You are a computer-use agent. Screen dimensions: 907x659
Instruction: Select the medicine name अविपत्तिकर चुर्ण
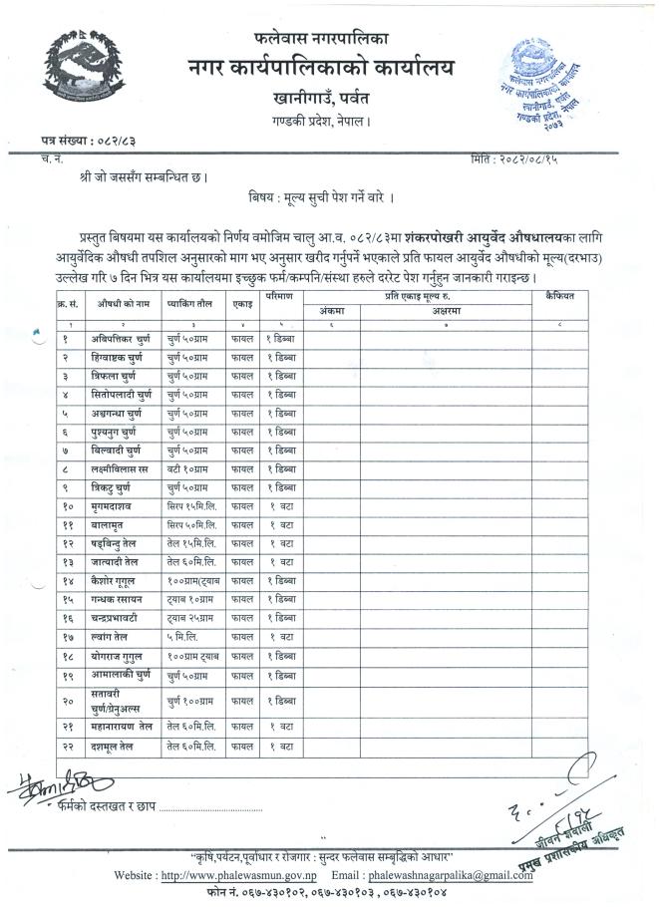coord(117,339)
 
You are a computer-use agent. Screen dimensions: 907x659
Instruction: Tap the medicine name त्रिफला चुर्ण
coord(109,377)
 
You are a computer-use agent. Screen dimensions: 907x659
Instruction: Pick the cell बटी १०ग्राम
coord(186,468)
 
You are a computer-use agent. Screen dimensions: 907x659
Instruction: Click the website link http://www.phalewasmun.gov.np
coord(226,875)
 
